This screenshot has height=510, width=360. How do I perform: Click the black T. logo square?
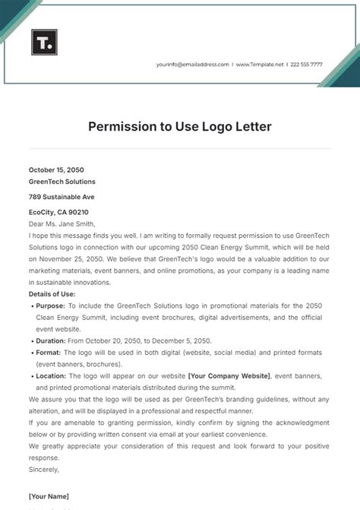(x=43, y=43)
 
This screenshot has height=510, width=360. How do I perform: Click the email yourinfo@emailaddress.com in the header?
(x=193, y=65)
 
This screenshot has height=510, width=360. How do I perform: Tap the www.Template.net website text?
(x=261, y=65)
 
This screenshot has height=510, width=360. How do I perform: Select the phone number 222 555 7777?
(x=306, y=65)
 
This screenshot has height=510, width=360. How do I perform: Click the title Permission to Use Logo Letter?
(x=180, y=125)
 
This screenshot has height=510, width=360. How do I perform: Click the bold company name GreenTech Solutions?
(x=62, y=182)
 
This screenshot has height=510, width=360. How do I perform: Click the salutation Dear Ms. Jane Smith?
(x=62, y=223)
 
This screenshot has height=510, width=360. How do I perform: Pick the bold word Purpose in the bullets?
(x=49, y=306)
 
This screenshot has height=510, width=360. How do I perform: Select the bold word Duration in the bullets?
(x=51, y=341)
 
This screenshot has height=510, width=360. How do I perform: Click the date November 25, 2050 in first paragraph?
(x=74, y=258)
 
